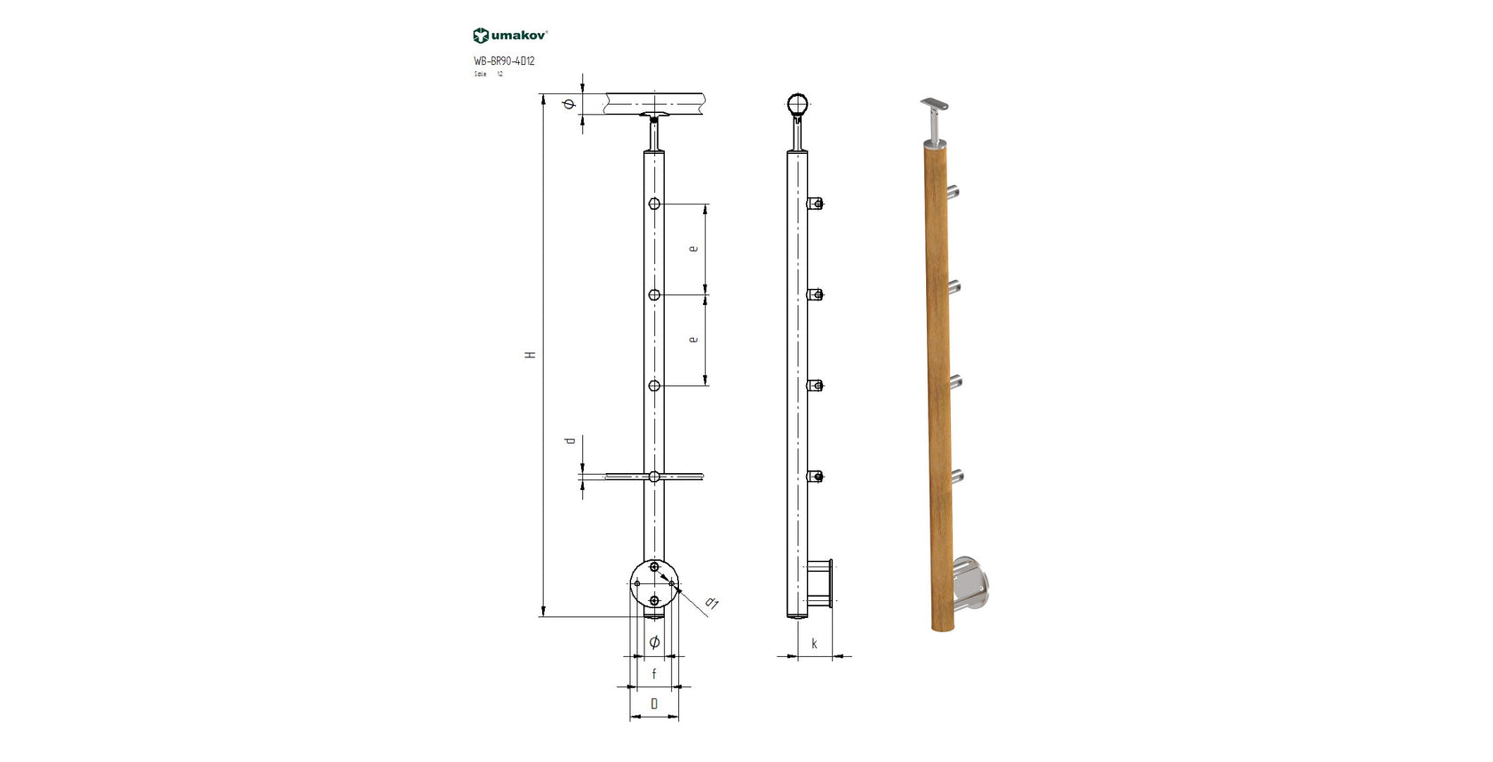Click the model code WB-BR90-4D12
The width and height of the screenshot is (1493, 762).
click(504, 61)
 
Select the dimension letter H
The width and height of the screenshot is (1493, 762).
click(531, 355)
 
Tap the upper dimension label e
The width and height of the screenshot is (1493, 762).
click(693, 248)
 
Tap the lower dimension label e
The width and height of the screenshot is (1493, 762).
click(693, 339)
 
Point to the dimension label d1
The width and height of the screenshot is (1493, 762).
click(711, 604)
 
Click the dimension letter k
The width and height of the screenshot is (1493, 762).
click(814, 644)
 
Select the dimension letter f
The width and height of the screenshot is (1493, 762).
click(654, 674)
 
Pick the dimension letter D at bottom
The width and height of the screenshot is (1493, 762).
click(654, 704)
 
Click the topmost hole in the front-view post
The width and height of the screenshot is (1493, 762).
click(654, 204)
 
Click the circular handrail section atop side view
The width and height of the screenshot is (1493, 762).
click(798, 105)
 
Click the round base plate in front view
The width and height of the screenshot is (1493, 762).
click(654, 583)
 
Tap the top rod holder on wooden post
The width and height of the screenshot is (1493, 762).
click(954, 190)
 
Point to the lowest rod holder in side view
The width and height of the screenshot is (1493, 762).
click(816, 477)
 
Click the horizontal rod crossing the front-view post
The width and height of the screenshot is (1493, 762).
click(684, 477)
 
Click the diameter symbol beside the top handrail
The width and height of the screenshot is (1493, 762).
click(571, 105)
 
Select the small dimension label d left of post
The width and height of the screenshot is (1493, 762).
click(571, 441)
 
